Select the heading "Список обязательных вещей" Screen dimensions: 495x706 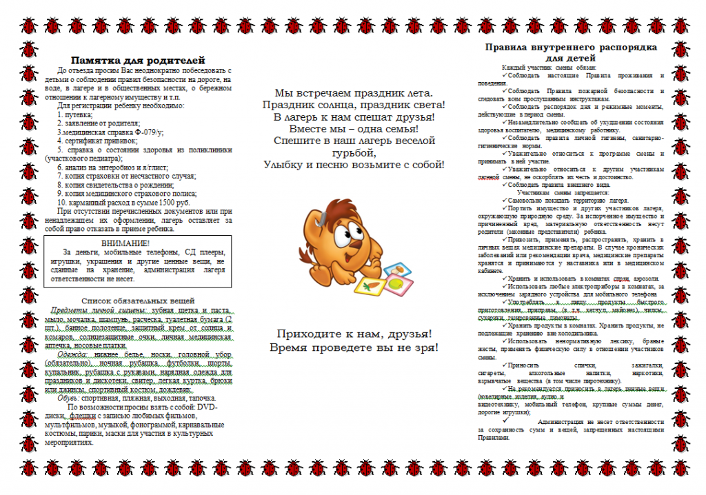138,301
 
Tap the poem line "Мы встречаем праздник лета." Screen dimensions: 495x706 353,92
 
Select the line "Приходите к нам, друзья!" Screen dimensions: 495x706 354,334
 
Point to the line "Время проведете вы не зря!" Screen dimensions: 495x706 354,347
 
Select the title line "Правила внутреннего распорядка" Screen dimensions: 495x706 571,48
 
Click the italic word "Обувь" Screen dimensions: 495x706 67,398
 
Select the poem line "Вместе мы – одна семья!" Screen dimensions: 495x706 353,128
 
